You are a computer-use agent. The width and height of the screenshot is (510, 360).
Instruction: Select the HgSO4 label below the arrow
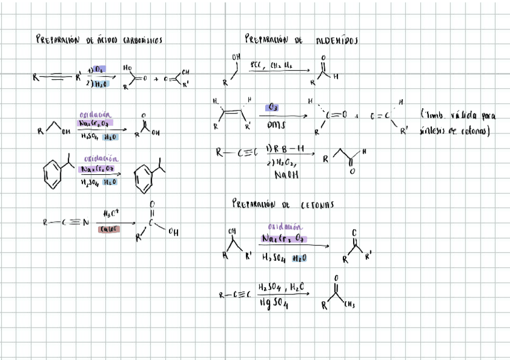pyautogui.click(x=274, y=305)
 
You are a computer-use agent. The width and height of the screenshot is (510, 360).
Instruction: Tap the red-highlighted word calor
pyautogui.click(x=109, y=229)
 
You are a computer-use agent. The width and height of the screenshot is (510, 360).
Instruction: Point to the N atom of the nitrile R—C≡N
pyautogui.click(x=85, y=222)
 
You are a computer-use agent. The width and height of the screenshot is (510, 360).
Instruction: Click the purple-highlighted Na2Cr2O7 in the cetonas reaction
pyautogui.click(x=284, y=239)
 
